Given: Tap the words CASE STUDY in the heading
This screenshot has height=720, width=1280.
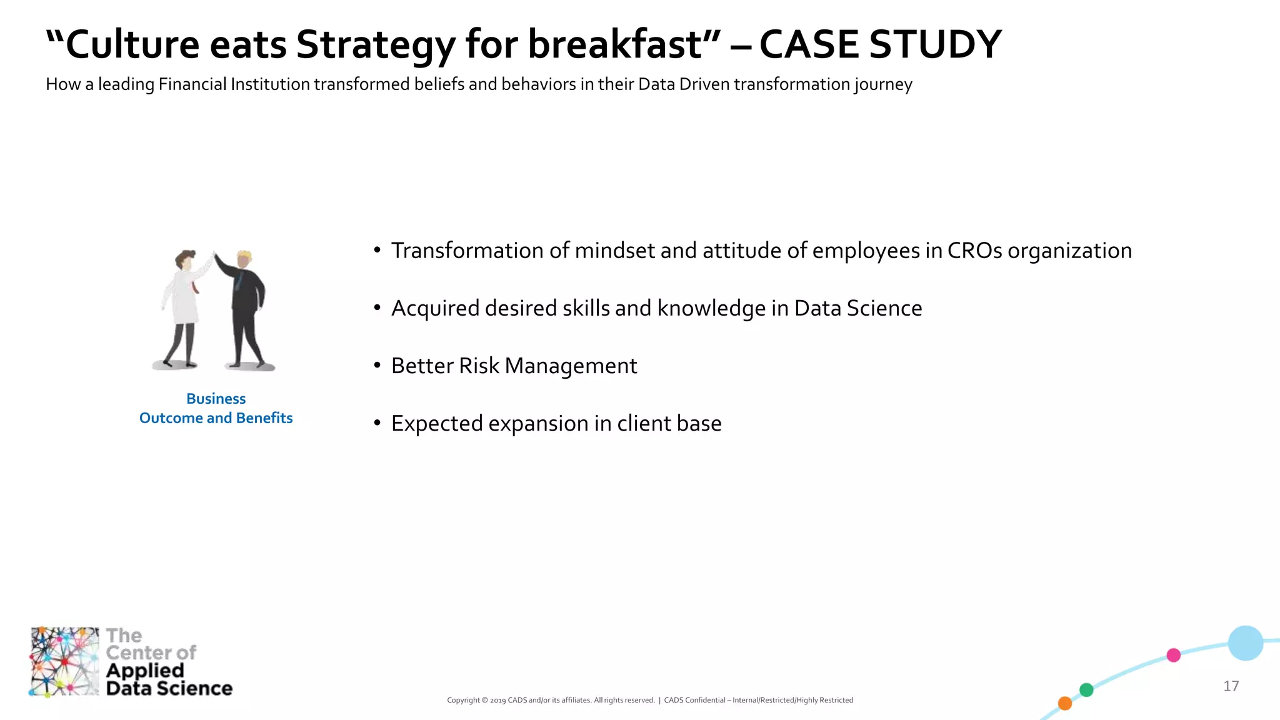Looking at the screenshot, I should pyautogui.click(x=880, y=45).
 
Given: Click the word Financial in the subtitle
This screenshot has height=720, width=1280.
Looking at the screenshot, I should pyautogui.click(x=192, y=84).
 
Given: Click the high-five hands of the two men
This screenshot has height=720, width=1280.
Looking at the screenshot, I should pyautogui.click(x=213, y=254).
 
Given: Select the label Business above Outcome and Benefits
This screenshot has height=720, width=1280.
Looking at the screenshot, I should pyautogui.click(x=216, y=399).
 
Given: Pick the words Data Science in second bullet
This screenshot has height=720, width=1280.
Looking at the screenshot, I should pyautogui.click(x=857, y=308).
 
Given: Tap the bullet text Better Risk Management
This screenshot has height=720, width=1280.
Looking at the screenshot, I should pyautogui.click(x=514, y=366).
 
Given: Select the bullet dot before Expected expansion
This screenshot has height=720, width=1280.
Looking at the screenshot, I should pyautogui.click(x=377, y=423).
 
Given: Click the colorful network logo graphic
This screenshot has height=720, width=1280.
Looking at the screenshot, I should pyautogui.click(x=64, y=661).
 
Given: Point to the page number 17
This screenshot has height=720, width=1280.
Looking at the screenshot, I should pyautogui.click(x=1231, y=686).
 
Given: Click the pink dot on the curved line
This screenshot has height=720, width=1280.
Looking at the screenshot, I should pyautogui.click(x=1173, y=655).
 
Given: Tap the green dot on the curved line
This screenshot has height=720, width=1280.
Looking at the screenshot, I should pyautogui.click(x=1086, y=690).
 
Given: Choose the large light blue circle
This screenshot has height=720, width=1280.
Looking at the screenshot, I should pyautogui.click(x=1245, y=643).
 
